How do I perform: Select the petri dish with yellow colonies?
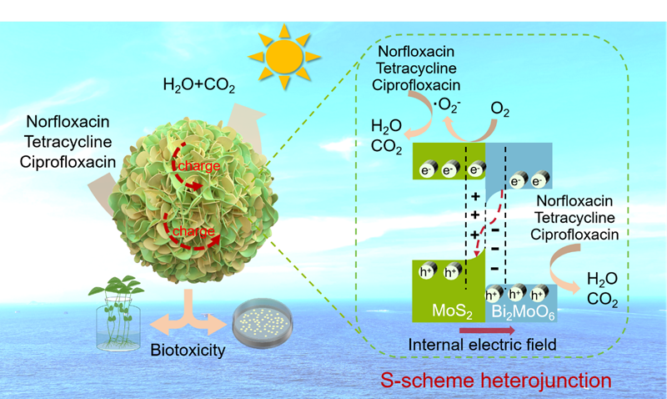pos(261,321)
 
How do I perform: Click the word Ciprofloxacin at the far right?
pos(574,234)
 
